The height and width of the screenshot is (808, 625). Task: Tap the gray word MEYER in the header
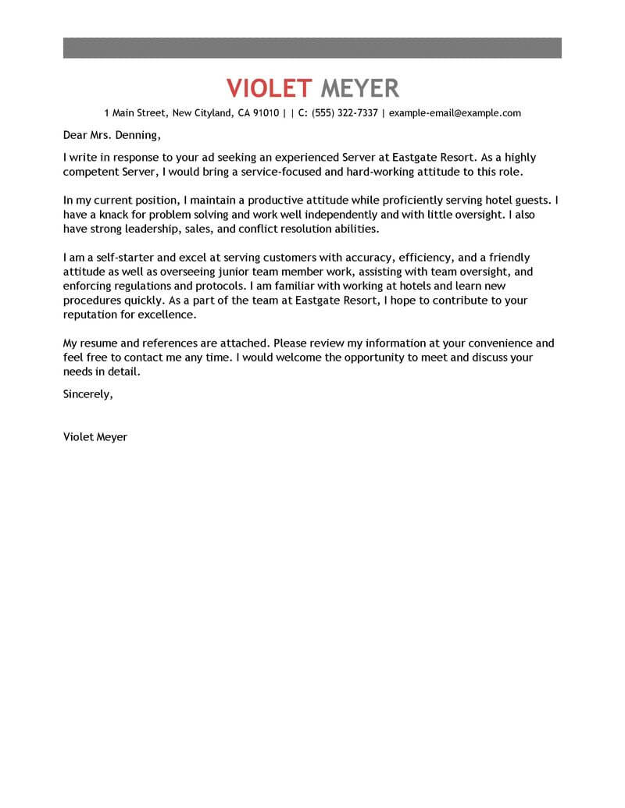pyautogui.click(x=359, y=87)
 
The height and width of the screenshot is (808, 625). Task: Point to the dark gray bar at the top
pyautogui.click(x=312, y=47)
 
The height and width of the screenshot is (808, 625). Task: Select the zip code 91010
pyautogui.click(x=266, y=113)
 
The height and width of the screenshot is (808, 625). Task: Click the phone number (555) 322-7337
pyautogui.click(x=345, y=113)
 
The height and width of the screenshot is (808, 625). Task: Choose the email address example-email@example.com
pyautogui.click(x=455, y=113)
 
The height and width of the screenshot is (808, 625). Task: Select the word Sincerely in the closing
pyautogui.click(x=87, y=394)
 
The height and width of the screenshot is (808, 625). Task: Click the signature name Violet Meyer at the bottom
pyautogui.click(x=95, y=437)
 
